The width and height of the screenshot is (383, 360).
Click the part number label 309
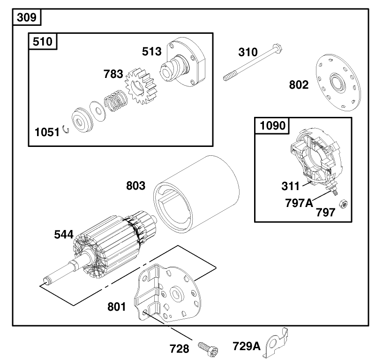click(x=27, y=17)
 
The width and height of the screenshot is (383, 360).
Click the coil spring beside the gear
click(x=115, y=102)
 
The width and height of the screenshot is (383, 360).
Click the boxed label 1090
click(x=272, y=125)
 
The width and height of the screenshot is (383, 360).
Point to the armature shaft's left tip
click(x=45, y=282)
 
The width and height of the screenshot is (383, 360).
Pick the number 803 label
click(x=135, y=185)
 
